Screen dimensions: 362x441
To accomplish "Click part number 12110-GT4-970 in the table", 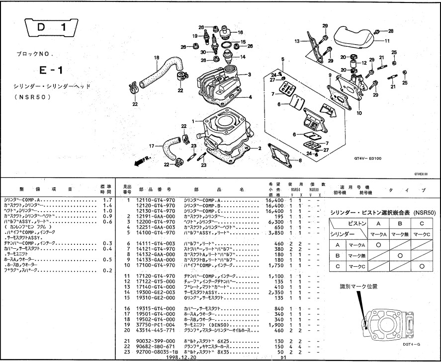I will point(155,199).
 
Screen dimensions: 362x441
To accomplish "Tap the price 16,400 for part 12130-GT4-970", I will point(275,211).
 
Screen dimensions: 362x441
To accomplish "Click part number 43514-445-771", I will point(155,330).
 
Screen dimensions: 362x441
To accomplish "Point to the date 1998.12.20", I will point(182,357).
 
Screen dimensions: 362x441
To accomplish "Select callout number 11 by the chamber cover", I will point(387,41).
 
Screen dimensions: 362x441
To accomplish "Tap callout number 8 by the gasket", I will point(300,160).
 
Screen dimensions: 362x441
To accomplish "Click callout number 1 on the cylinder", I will point(199,121).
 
